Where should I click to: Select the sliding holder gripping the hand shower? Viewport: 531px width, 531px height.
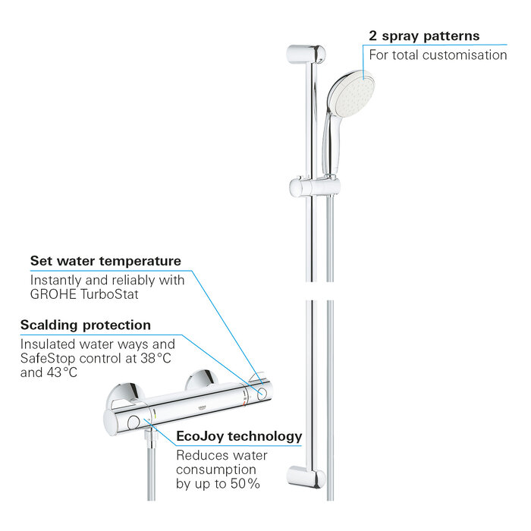(x=306, y=187)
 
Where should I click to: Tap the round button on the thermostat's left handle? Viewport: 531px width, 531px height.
(x=134, y=422)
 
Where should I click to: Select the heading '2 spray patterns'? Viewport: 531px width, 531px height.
(x=424, y=36)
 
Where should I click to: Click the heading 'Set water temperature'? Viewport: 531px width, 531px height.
(x=105, y=261)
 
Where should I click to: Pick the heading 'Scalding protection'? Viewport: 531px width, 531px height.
(x=85, y=325)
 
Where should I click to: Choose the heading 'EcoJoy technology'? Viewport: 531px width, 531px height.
(x=239, y=436)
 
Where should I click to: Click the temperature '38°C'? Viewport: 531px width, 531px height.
(x=158, y=358)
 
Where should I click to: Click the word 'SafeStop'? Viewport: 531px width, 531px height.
(x=46, y=358)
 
